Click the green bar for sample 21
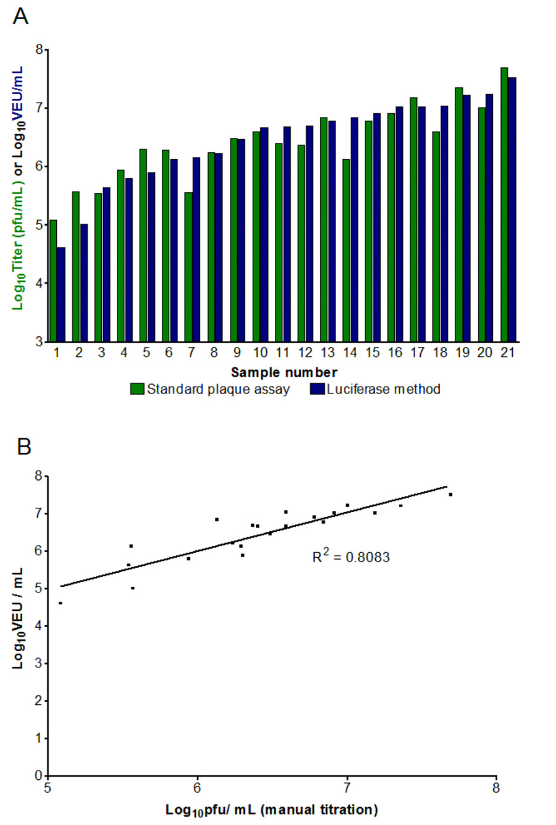(x=504, y=204)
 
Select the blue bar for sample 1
(x=61, y=294)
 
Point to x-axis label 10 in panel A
(x=260, y=353)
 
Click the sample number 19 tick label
(x=463, y=353)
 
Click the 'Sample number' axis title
(x=284, y=372)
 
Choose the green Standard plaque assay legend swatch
(x=137, y=389)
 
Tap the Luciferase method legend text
(x=384, y=389)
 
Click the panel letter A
(x=20, y=16)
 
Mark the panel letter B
(x=23, y=446)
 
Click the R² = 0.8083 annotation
(x=351, y=557)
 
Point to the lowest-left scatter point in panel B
(x=60, y=603)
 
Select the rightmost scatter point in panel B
(x=450, y=494)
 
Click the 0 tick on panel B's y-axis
(x=38, y=776)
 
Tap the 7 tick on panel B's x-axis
(x=347, y=789)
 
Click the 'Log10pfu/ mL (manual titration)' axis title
(x=271, y=810)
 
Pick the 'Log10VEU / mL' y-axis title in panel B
(x=18, y=618)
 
